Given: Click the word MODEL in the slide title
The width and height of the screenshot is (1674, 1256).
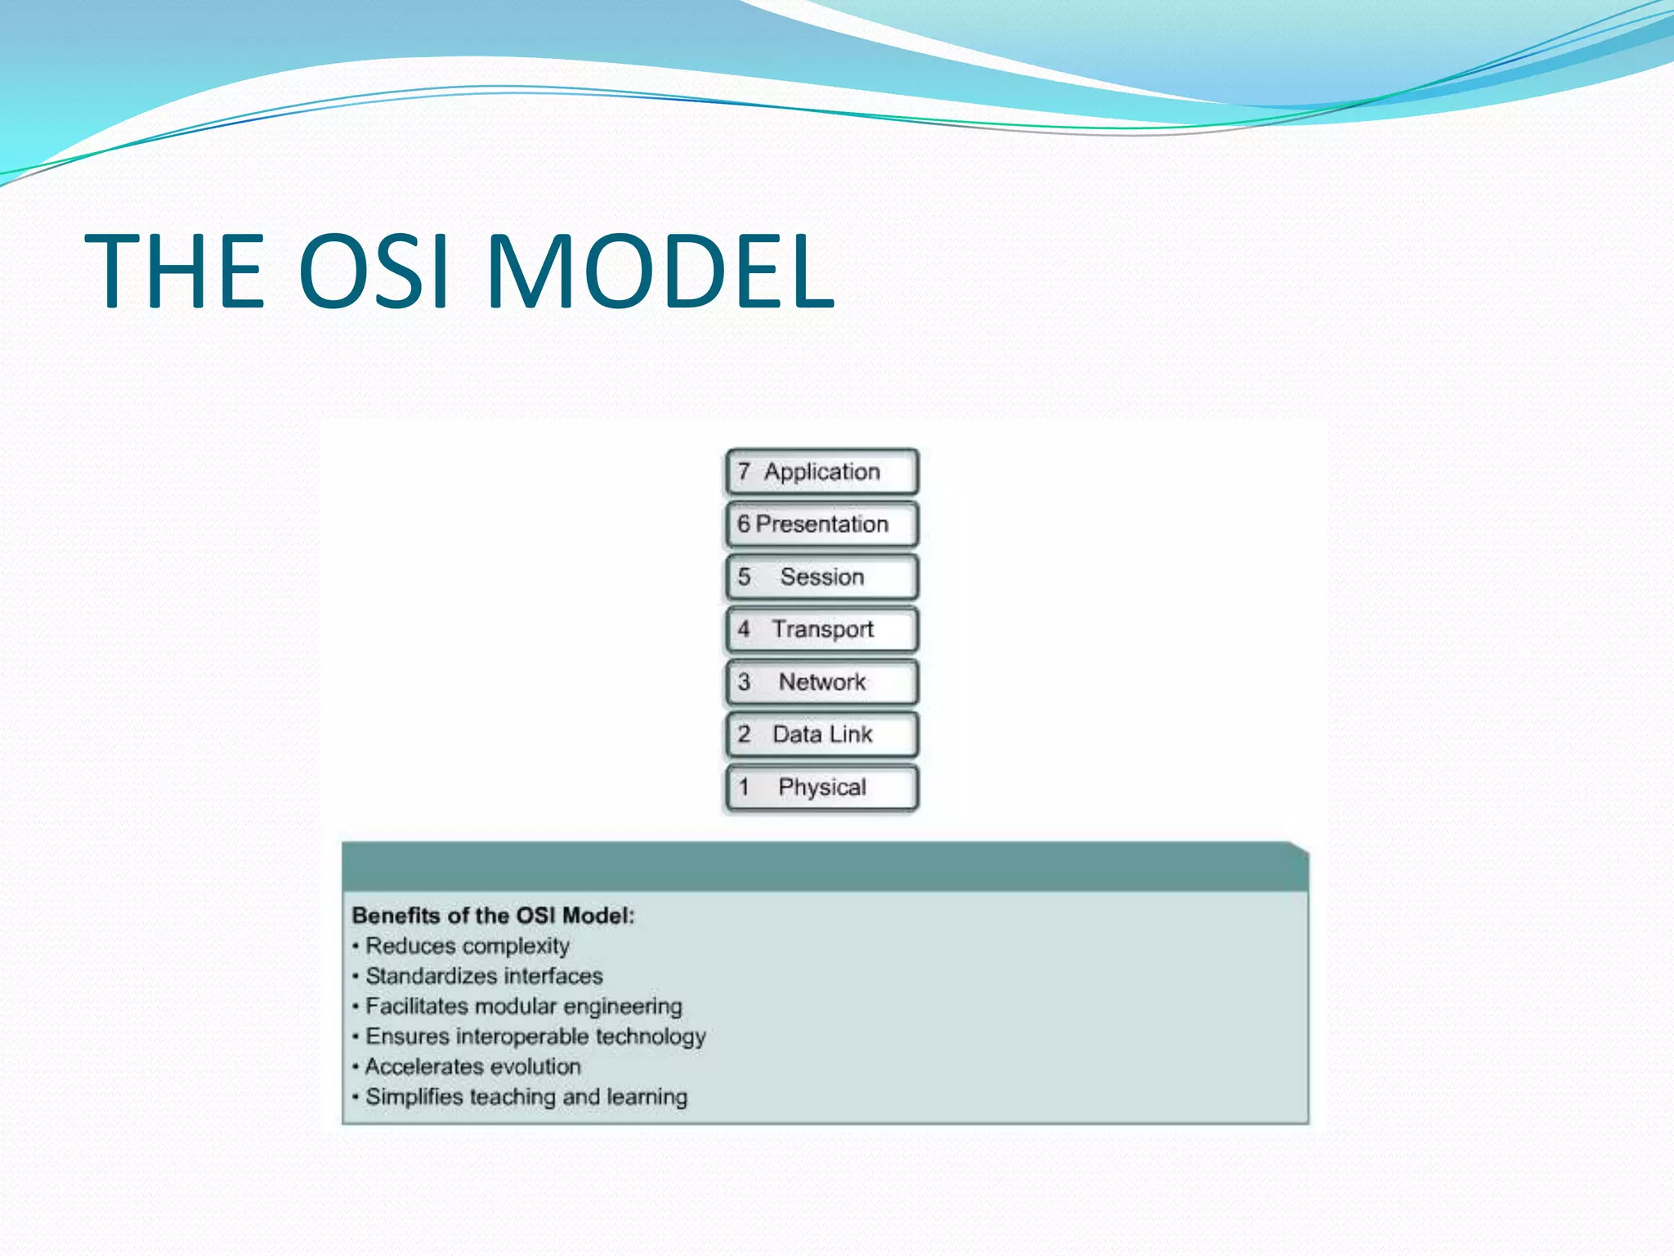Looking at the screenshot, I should coord(660,271).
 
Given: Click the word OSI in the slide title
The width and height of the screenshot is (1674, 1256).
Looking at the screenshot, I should coord(374,271).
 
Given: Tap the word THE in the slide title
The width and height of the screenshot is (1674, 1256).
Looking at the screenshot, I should coord(175,271).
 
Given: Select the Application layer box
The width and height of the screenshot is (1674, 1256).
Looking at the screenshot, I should coord(821,472).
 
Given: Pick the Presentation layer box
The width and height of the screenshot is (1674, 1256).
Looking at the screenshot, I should coord(821,524).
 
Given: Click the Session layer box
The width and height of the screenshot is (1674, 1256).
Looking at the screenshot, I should coord(821,577).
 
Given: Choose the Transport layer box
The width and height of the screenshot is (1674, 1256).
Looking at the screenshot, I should coord(821,630).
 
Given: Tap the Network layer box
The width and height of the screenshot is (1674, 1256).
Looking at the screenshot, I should coord(821,682).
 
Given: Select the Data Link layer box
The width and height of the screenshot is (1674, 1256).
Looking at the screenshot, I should coord(821,734).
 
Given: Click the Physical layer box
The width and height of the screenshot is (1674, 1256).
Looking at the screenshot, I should coord(821,787).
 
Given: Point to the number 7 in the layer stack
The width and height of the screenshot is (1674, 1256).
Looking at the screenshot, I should coord(744,472).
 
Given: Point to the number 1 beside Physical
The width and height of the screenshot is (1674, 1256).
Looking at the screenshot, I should coord(744,787).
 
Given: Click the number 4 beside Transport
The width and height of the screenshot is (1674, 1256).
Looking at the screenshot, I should coord(744,630).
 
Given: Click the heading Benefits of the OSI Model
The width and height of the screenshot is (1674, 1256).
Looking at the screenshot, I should coord(493,916).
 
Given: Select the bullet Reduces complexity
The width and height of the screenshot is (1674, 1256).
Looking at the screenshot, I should coord(467,946).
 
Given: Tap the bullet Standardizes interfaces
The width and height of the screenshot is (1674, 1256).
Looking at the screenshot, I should coord(483,976).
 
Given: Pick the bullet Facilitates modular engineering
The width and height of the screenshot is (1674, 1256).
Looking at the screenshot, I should coord(523,1007).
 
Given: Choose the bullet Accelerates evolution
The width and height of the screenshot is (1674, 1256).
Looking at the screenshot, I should coord(472,1067).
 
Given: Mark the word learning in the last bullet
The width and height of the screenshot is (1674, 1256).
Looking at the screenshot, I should coord(647,1097).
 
